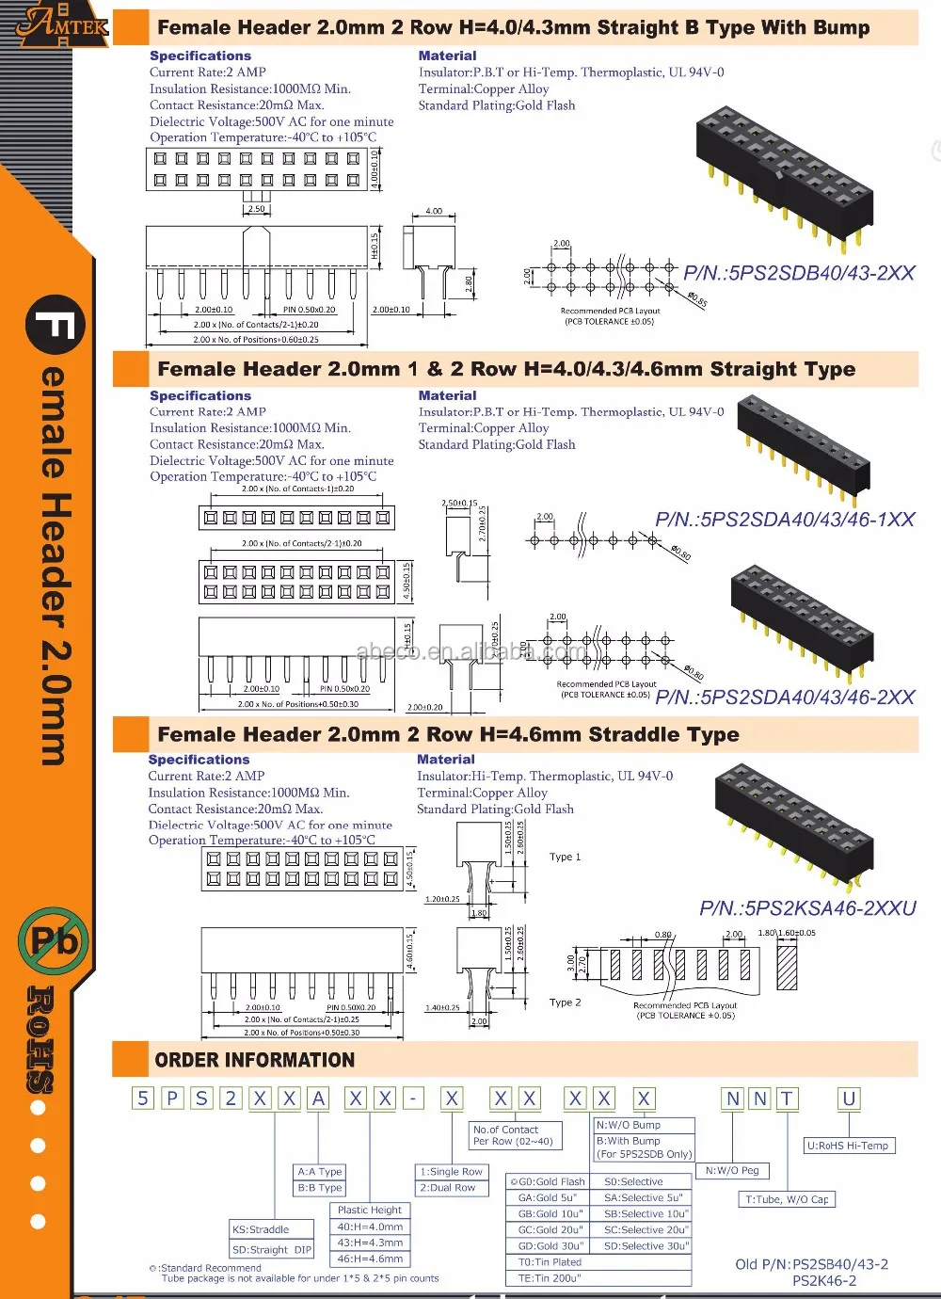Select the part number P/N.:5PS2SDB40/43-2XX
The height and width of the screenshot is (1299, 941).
pos(799,273)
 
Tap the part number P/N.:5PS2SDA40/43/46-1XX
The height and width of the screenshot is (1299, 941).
pos(785,520)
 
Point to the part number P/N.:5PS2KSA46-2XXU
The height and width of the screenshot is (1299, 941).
pos(807,908)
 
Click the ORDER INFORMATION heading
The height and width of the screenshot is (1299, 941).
pos(254,1060)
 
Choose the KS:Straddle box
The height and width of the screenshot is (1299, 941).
pos(261,1229)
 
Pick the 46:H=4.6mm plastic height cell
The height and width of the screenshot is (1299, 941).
pos(370,1259)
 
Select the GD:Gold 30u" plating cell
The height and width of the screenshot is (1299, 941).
pos(550,1246)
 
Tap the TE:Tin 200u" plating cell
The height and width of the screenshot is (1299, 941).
pos(550,1278)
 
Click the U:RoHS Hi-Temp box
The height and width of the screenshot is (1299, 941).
pos(848,1146)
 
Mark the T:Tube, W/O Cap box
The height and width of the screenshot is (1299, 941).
pos(787,1199)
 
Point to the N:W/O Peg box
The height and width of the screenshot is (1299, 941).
pos(732,1171)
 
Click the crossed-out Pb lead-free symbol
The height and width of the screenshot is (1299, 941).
pos(54,940)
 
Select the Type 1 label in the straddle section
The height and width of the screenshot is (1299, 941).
pos(565,858)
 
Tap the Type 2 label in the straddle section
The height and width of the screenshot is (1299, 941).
pos(565,1002)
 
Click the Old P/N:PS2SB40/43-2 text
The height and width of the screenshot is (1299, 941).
pos(811,1264)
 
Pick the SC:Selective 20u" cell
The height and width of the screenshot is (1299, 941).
pos(646,1230)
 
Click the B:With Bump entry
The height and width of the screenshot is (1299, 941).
pos(629,1141)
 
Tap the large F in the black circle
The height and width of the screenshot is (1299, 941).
pos(56,326)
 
